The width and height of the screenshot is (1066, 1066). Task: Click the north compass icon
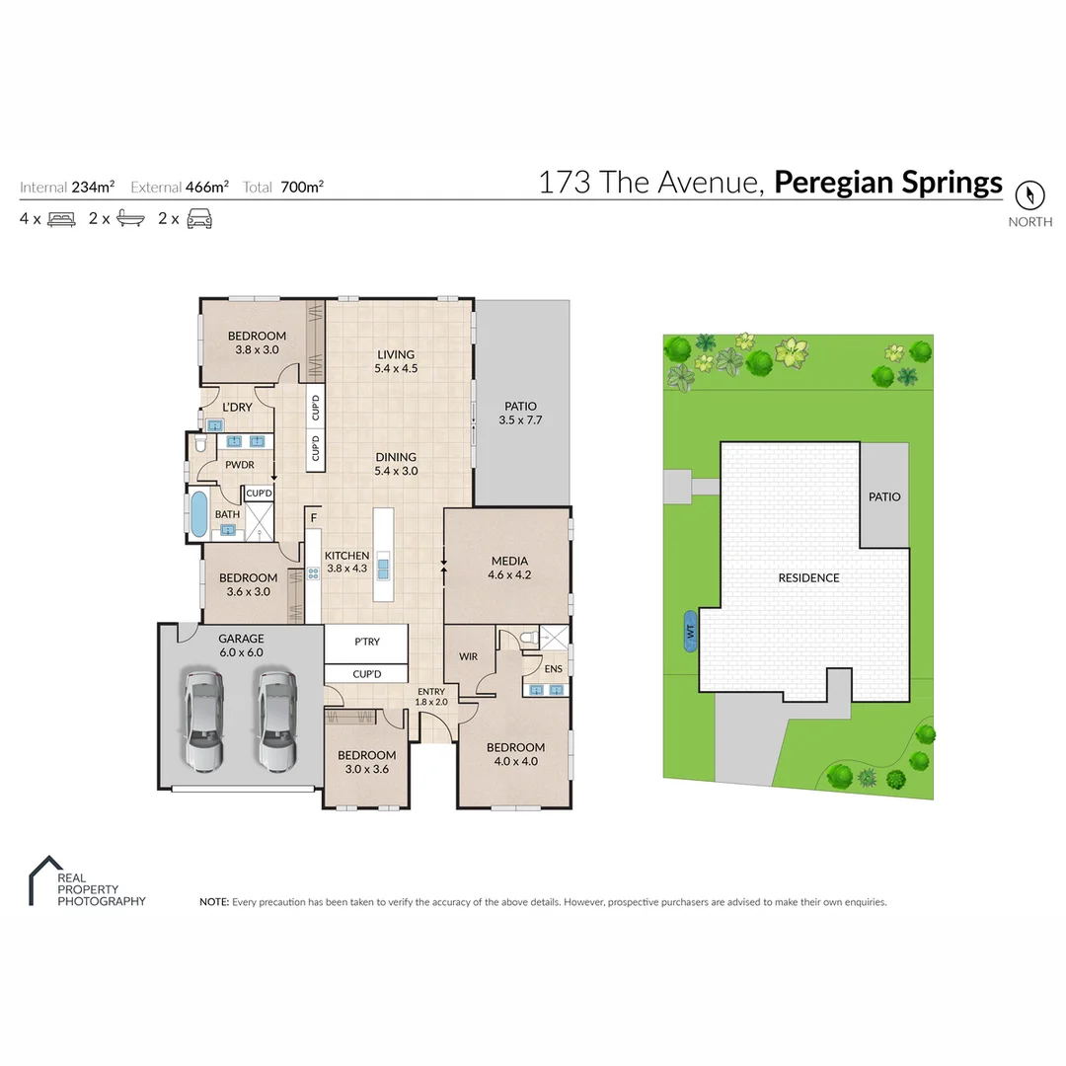(1030, 193)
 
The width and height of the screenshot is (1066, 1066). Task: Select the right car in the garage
(276, 720)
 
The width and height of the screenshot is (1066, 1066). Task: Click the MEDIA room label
(509, 561)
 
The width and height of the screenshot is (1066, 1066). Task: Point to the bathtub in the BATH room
(199, 513)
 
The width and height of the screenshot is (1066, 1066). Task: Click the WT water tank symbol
(690, 634)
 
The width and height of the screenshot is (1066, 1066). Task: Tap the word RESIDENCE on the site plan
(808, 577)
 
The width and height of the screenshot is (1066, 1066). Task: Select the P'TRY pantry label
(366, 642)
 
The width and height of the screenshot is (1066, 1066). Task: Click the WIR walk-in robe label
(469, 655)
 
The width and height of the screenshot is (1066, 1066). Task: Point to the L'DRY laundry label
(237, 407)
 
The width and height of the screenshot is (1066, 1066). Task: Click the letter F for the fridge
(313, 516)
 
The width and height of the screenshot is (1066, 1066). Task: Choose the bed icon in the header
(61, 219)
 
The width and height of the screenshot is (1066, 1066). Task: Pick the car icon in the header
(199, 219)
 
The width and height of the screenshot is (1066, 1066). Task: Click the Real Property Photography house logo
(42, 879)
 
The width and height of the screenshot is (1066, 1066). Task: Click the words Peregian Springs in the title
(887, 183)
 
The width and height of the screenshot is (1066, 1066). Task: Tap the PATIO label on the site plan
(884, 496)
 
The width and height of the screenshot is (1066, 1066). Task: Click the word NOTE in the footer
(213, 902)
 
